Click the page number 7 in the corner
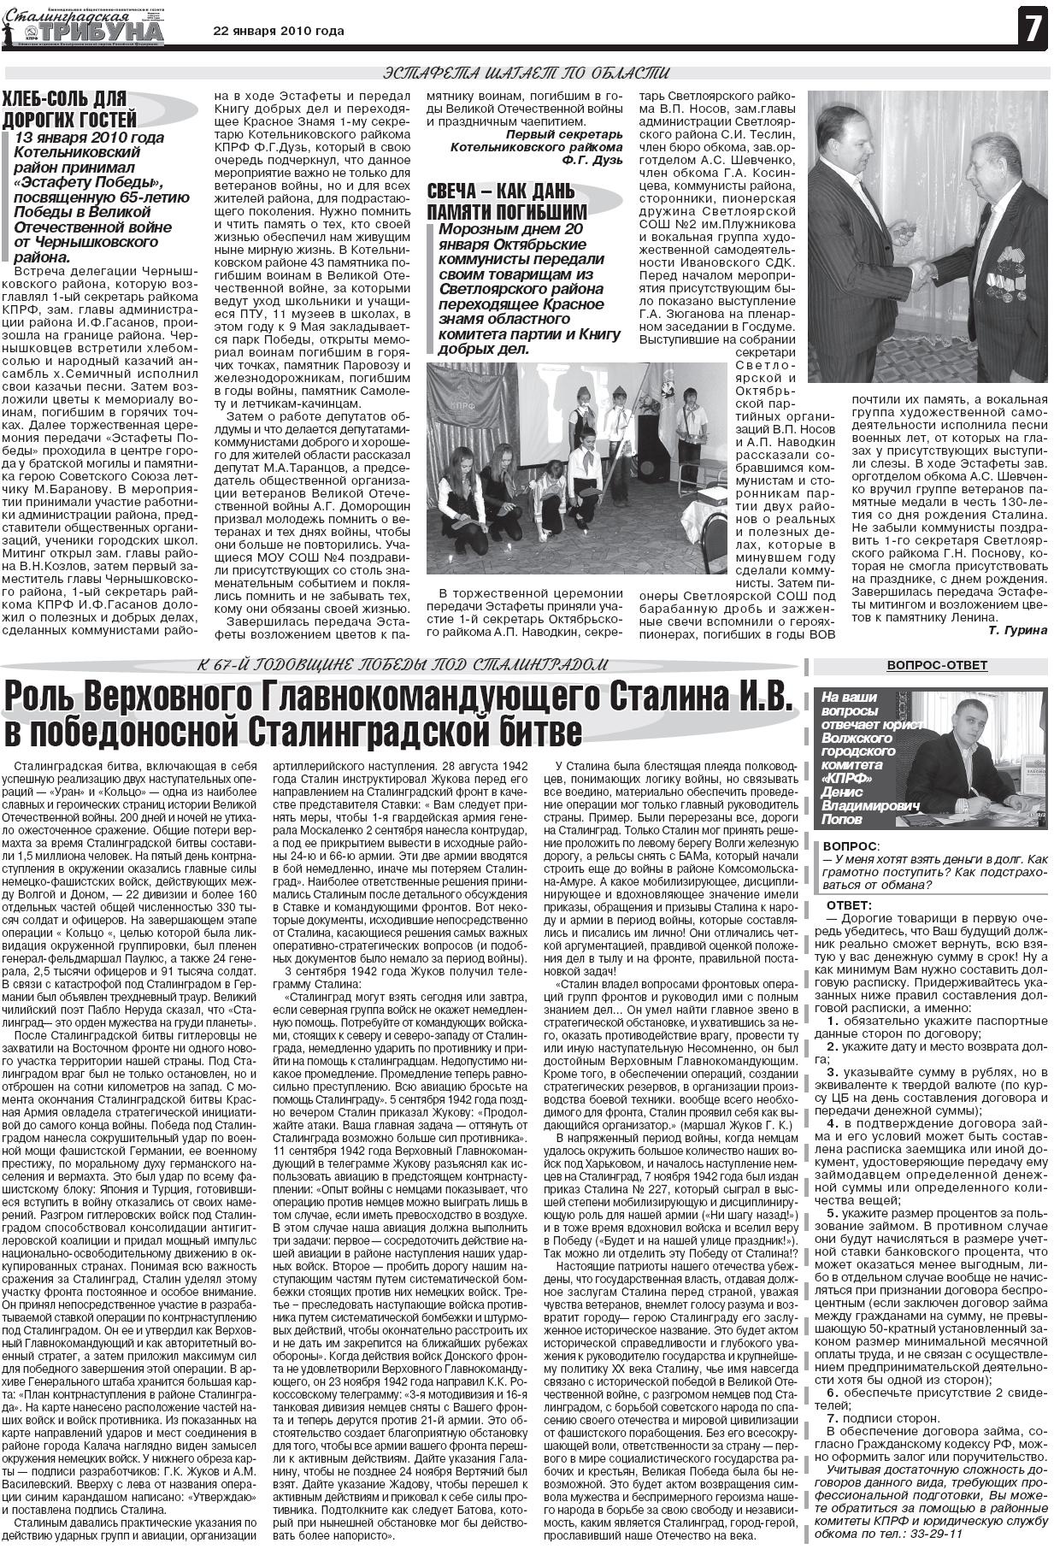click(1032, 27)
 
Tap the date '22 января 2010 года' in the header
click(278, 31)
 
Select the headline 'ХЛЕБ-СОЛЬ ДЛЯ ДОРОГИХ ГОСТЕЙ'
click(69, 109)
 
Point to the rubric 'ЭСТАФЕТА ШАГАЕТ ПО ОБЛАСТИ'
click(526, 73)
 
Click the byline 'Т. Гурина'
click(1016, 630)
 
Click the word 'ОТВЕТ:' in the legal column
click(850, 905)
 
